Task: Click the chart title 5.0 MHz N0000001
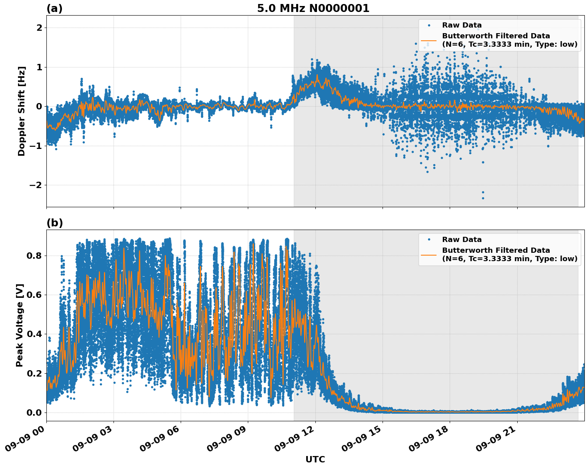[x=313, y=8]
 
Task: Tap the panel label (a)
[x=54, y=8]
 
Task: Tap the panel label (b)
[x=54, y=223]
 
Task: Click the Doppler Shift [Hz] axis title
[x=22, y=111]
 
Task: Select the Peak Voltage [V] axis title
[x=20, y=325]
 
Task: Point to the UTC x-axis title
[x=315, y=459]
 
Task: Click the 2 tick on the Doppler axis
[x=39, y=28]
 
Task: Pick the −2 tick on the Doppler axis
[x=36, y=185]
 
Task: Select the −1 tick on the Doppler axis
[x=36, y=146]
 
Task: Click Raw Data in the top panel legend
[x=462, y=25]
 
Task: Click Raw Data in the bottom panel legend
[x=462, y=240]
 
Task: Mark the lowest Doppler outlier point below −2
[x=483, y=198]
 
